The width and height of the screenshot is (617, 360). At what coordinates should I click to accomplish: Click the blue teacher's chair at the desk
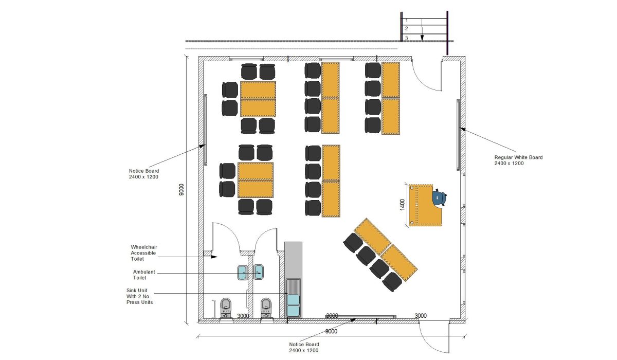coord(439,197)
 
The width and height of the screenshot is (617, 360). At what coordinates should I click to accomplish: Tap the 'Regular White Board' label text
coord(518,160)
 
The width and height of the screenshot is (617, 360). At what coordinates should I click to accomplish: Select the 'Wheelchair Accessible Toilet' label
coord(144,253)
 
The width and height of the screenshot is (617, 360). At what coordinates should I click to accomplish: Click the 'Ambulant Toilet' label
coord(144,275)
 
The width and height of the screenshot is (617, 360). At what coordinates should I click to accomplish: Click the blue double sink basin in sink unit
coord(294,305)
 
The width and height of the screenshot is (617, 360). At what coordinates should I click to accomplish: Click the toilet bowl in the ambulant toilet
coord(265,307)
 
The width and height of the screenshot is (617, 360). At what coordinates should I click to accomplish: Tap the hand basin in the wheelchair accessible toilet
coord(243,272)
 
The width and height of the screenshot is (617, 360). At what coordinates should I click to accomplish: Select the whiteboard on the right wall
coord(458,134)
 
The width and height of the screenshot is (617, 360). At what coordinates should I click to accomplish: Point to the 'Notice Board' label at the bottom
coord(303,347)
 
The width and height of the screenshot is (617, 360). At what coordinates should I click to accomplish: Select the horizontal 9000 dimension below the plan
coord(332,331)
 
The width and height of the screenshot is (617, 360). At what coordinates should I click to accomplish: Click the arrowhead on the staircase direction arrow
coord(422,38)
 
